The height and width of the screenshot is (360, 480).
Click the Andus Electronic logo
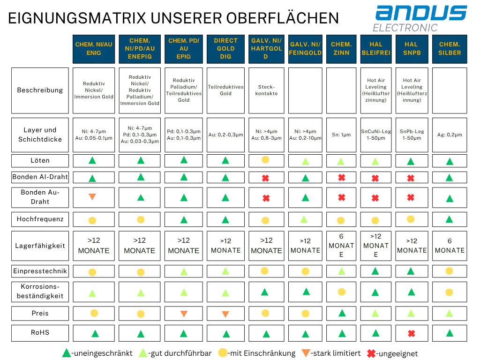coord(420,18)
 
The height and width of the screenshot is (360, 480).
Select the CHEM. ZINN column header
coord(341,49)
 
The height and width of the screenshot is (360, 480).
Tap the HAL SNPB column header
coord(411,49)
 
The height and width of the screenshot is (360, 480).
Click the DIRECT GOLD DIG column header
coord(225,49)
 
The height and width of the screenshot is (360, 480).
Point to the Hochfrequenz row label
coord(40,219)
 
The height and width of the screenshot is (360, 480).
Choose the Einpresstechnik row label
coord(40,271)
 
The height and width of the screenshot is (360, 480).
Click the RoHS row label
coord(40,333)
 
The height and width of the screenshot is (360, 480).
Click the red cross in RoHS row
coord(412,333)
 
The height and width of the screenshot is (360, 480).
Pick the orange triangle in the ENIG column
coord(92,197)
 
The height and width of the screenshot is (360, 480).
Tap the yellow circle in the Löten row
coord(265,160)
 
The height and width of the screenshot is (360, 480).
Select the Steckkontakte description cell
coord(266,90)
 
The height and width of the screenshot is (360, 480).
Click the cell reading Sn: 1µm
coord(341,135)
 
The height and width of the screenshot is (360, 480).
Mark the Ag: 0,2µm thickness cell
coord(450,135)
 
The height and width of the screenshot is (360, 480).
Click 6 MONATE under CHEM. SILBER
coord(450,246)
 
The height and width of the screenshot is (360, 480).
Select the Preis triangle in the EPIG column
coord(184,314)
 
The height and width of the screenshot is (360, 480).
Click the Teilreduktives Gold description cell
coord(225,90)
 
